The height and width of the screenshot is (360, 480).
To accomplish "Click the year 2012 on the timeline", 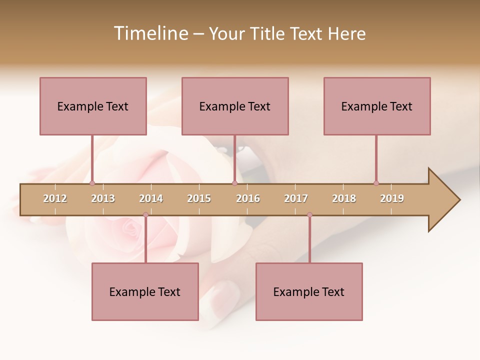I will tap(55, 198).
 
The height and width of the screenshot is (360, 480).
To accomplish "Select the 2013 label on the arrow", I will tap(103, 198).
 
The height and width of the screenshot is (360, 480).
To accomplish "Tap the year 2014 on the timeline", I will tap(151, 198).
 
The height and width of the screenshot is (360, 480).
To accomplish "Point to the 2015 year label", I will tap(199, 198).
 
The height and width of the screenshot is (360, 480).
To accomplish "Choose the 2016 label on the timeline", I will tap(248, 198).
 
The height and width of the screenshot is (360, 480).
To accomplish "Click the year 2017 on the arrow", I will tap(296, 198).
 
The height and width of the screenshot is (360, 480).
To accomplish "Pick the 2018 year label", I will tap(344, 198).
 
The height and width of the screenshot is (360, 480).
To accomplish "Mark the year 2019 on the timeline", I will tap(392, 198).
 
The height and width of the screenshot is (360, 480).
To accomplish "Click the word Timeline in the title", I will tap(150, 33).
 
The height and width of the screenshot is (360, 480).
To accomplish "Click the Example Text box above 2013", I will tap(93, 106).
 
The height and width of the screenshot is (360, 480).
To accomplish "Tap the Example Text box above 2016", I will tap(235, 106).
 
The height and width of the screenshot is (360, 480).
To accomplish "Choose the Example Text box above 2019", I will tap(377, 106).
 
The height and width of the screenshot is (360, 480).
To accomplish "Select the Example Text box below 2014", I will tap(145, 291).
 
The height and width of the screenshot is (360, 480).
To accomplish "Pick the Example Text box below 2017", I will tap(309, 291).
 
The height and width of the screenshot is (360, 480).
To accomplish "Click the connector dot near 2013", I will tap(92, 183).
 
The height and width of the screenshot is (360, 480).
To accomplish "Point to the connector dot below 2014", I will tap(145, 215).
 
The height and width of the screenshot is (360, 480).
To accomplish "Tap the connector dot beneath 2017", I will tap(309, 215).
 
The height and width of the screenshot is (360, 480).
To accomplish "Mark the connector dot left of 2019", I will tap(376, 183).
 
